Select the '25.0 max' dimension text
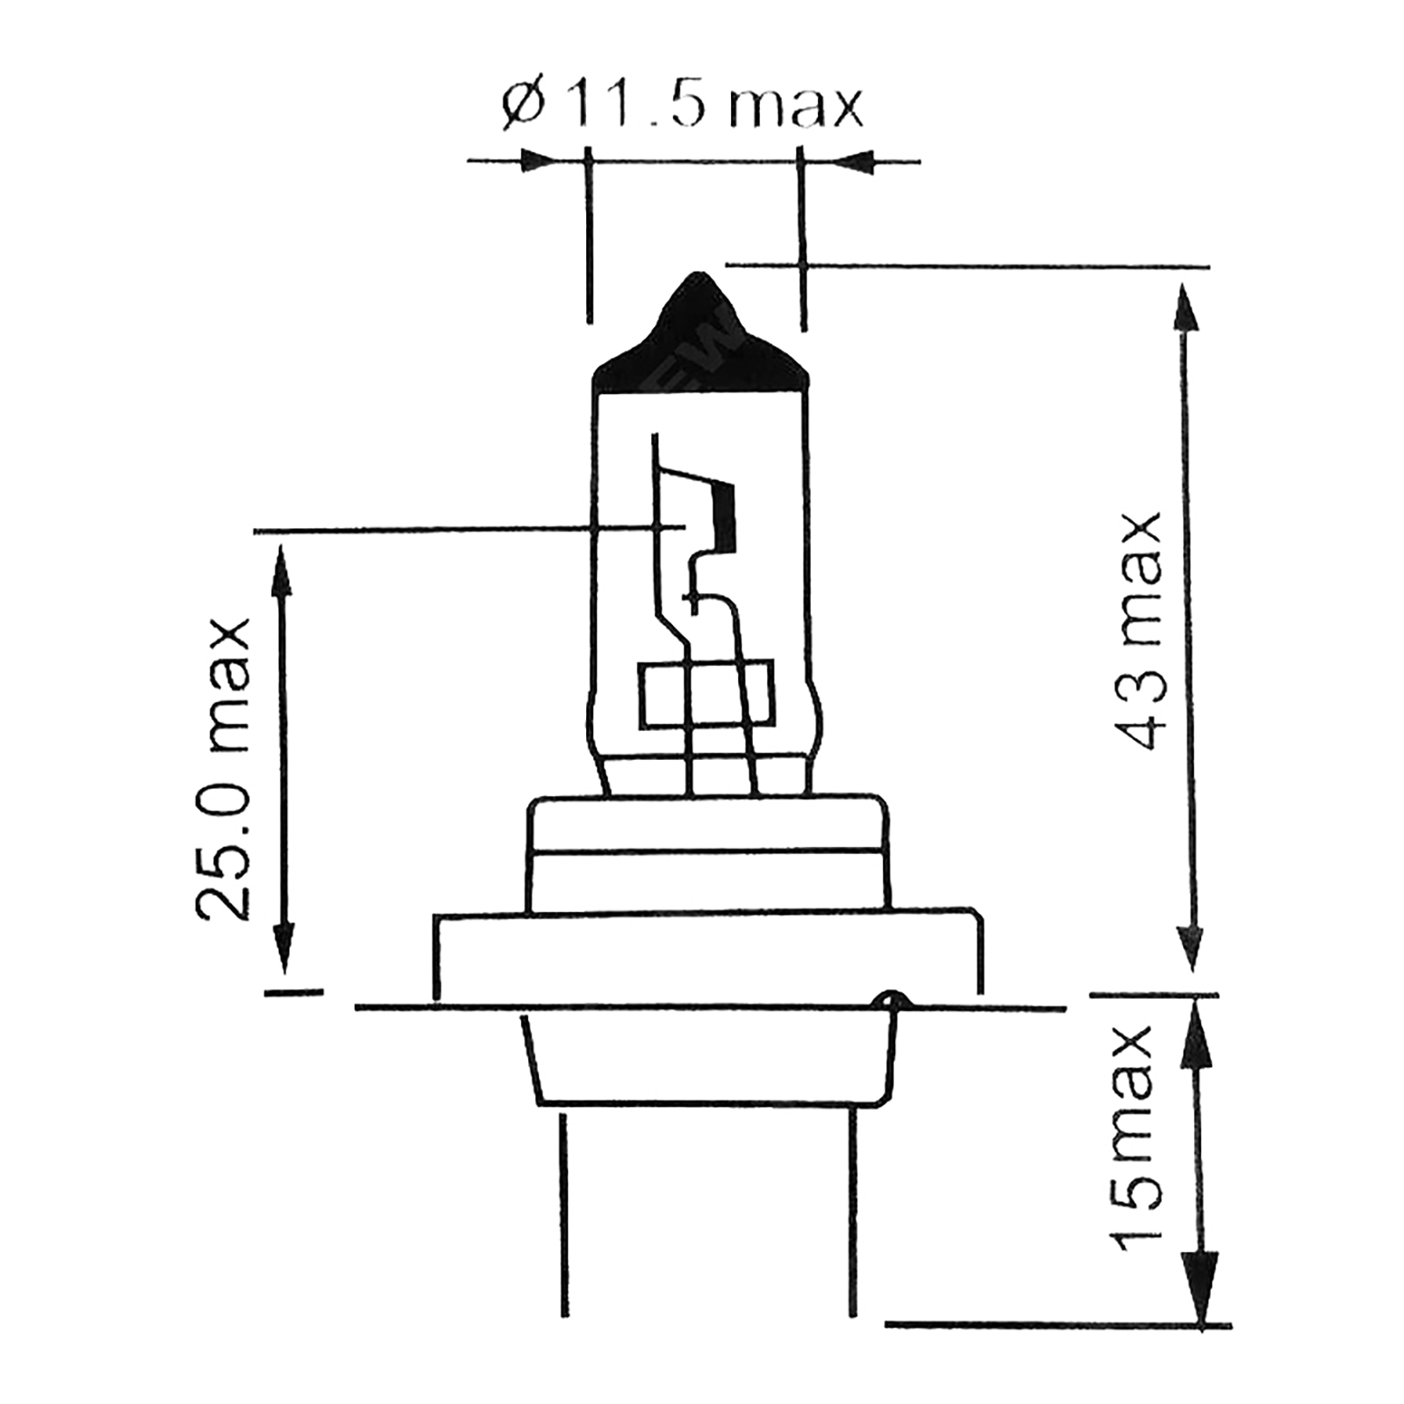tap(222, 769)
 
